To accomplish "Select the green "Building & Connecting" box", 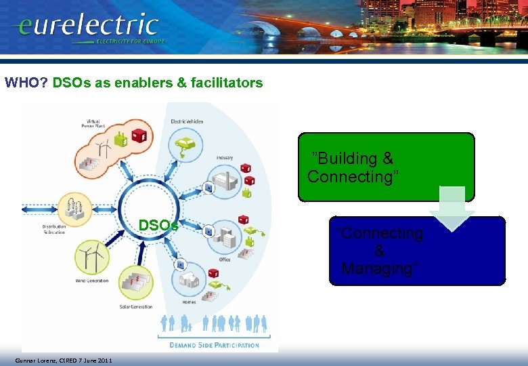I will (x=386, y=167).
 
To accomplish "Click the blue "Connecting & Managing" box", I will (x=416, y=251).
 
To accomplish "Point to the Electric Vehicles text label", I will (x=187, y=121).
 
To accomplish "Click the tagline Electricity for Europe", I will (x=130, y=41).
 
